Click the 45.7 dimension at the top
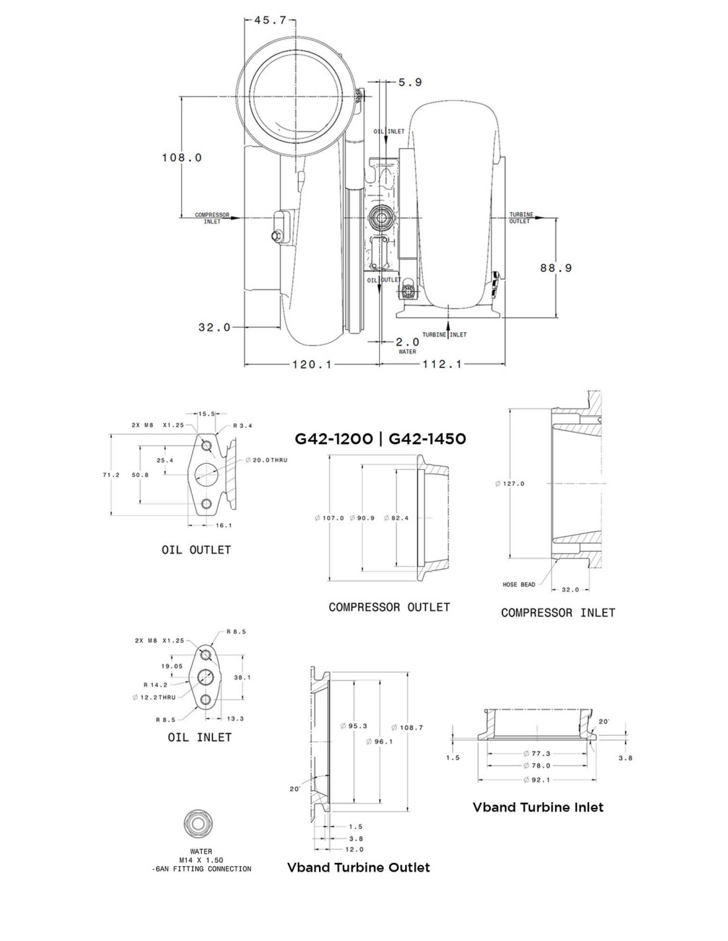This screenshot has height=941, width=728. tap(270, 20)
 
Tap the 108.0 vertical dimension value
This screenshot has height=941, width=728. tap(182, 157)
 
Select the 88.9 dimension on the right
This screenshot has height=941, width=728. tap(556, 268)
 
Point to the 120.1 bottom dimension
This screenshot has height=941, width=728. tap(312, 364)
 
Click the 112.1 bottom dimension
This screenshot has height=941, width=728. tap(442, 364)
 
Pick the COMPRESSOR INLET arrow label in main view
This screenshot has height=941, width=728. tap(212, 218)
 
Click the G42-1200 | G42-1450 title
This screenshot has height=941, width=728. tap(381, 439)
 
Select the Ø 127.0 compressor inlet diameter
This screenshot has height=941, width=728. tap(510, 484)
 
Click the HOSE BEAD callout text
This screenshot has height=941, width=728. tap(519, 584)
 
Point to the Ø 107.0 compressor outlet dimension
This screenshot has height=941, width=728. tap(329, 518)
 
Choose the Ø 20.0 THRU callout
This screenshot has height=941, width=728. tap(266, 460)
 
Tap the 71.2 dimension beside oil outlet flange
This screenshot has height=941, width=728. tap(111, 475)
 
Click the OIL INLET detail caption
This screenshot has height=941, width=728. tap(200, 737)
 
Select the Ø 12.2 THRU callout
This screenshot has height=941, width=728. tap(154, 697)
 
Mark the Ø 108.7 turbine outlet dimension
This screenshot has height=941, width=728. tap(407, 727)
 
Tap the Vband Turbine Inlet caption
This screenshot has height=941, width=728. tap(538, 807)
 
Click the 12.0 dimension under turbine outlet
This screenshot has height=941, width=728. tap(354, 849)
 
